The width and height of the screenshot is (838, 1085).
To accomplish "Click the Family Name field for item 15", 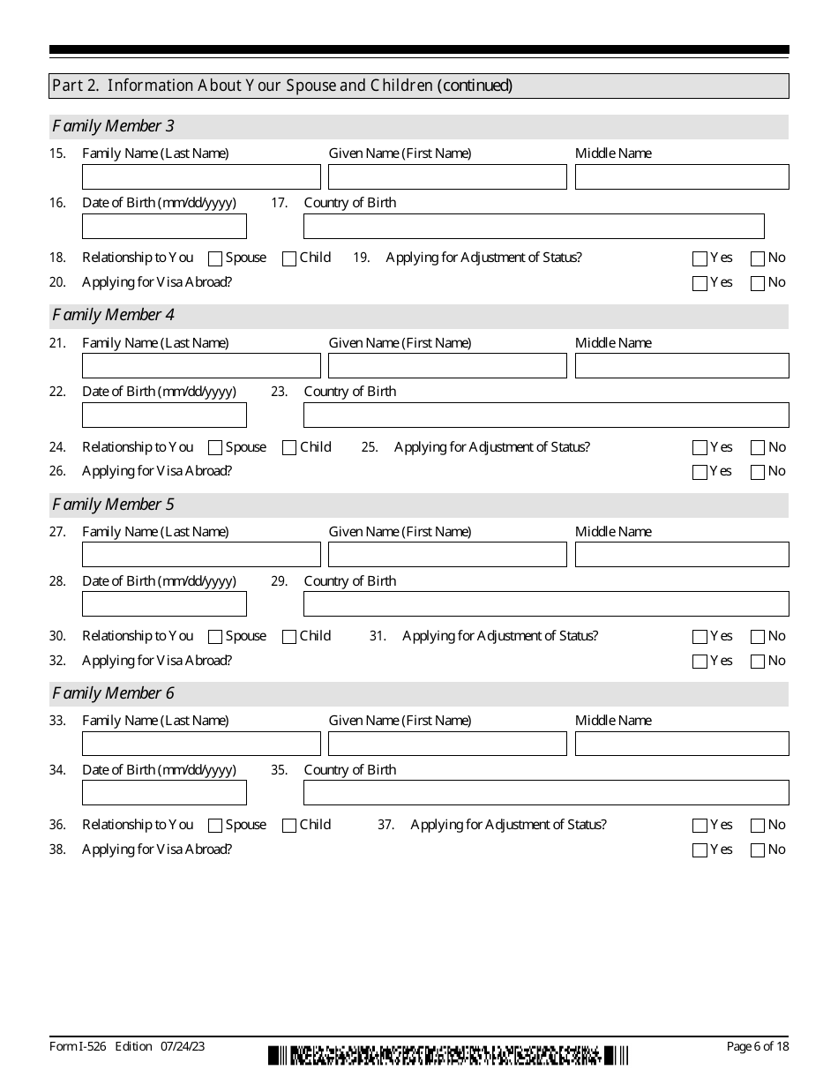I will (201, 176).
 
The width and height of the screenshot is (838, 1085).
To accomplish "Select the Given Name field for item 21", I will (447, 366).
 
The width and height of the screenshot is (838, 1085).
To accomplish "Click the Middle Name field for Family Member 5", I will (682, 555).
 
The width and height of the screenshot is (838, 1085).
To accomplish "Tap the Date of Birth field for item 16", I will (164, 227).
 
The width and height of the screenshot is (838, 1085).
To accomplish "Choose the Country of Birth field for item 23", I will (546, 415).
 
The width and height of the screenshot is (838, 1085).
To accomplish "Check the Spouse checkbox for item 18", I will (215, 259).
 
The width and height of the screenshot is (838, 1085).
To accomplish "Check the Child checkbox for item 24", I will (289, 448).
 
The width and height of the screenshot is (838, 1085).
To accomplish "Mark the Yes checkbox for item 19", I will (700, 259).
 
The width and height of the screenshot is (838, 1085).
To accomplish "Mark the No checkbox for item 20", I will (758, 284).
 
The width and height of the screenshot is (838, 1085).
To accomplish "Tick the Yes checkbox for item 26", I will (700, 473).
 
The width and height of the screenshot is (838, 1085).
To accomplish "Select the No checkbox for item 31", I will (758, 637).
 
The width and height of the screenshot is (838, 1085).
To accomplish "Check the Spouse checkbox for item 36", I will (215, 827).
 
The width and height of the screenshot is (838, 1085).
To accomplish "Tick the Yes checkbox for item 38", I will (700, 851).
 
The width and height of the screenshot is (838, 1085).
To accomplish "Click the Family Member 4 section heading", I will (114, 315).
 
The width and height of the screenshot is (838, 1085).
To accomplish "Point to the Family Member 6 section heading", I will (114, 693).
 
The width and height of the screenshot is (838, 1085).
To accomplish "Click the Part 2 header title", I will (282, 86).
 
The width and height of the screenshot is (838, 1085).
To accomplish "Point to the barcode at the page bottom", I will (449, 1055).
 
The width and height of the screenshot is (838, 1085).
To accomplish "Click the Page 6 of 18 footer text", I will (757, 1046).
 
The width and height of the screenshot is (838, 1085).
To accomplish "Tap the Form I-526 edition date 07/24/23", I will (183, 1046).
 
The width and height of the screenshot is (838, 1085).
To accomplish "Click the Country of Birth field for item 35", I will (546, 793).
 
